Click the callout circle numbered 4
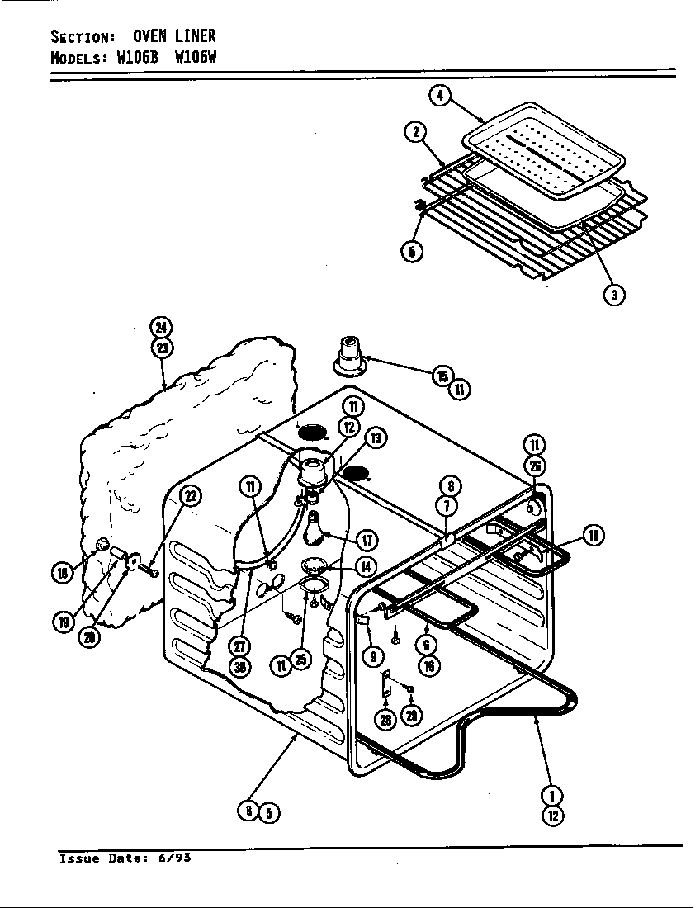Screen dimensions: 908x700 pos(440,97)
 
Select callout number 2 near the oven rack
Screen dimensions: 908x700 pos(415,132)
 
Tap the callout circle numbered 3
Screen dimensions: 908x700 pos(612,295)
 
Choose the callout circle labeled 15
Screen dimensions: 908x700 pos(442,376)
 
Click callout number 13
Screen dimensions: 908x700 pos(376,438)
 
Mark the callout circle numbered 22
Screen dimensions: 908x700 pos(191,496)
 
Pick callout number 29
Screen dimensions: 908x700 pos(410,715)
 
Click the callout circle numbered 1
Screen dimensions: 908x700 pos(551,796)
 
